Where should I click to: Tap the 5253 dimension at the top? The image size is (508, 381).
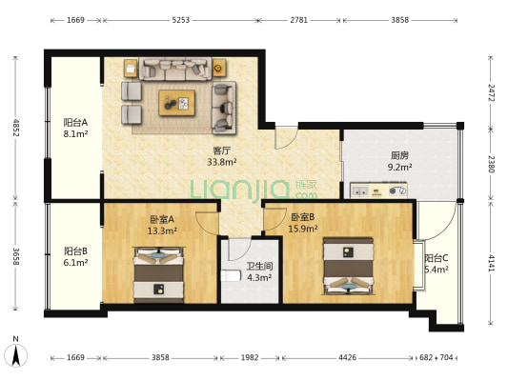180,20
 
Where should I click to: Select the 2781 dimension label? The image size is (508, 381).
298,20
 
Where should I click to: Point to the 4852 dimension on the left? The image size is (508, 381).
16,128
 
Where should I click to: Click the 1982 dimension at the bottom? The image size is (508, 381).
250,358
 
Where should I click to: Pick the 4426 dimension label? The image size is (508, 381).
347,358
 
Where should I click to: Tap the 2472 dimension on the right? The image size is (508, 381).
492,92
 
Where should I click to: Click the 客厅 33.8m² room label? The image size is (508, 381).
222,156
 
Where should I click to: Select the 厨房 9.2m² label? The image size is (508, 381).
399,161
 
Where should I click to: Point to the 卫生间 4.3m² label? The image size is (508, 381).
259,271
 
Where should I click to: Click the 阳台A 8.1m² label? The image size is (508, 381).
75,129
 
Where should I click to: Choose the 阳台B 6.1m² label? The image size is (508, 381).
75,256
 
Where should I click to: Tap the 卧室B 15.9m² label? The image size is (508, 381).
303,223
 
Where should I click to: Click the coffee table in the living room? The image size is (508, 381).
177,103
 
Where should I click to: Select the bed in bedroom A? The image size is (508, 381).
159,275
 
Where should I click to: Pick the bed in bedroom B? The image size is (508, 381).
348,266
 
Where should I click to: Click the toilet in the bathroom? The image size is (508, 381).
231,276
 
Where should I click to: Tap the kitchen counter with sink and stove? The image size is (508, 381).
378,190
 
